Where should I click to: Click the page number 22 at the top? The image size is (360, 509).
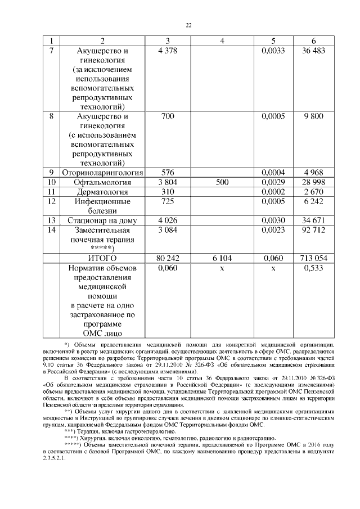pos(189,25)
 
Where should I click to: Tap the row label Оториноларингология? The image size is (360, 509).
pos(104,172)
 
